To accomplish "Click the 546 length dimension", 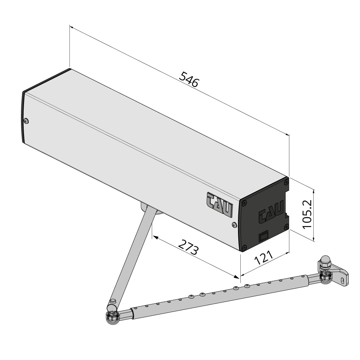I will [x=189, y=79].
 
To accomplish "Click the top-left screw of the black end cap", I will [x=245, y=202].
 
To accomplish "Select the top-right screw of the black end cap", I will [x=286, y=182].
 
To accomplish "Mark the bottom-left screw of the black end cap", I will [x=244, y=247].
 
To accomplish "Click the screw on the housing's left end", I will [x=26, y=121].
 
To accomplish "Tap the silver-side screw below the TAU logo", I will [x=233, y=225].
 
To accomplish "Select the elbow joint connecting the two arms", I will [x=113, y=316].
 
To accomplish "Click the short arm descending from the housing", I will [x=132, y=253].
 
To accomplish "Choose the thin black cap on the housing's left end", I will [x=23, y=117].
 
